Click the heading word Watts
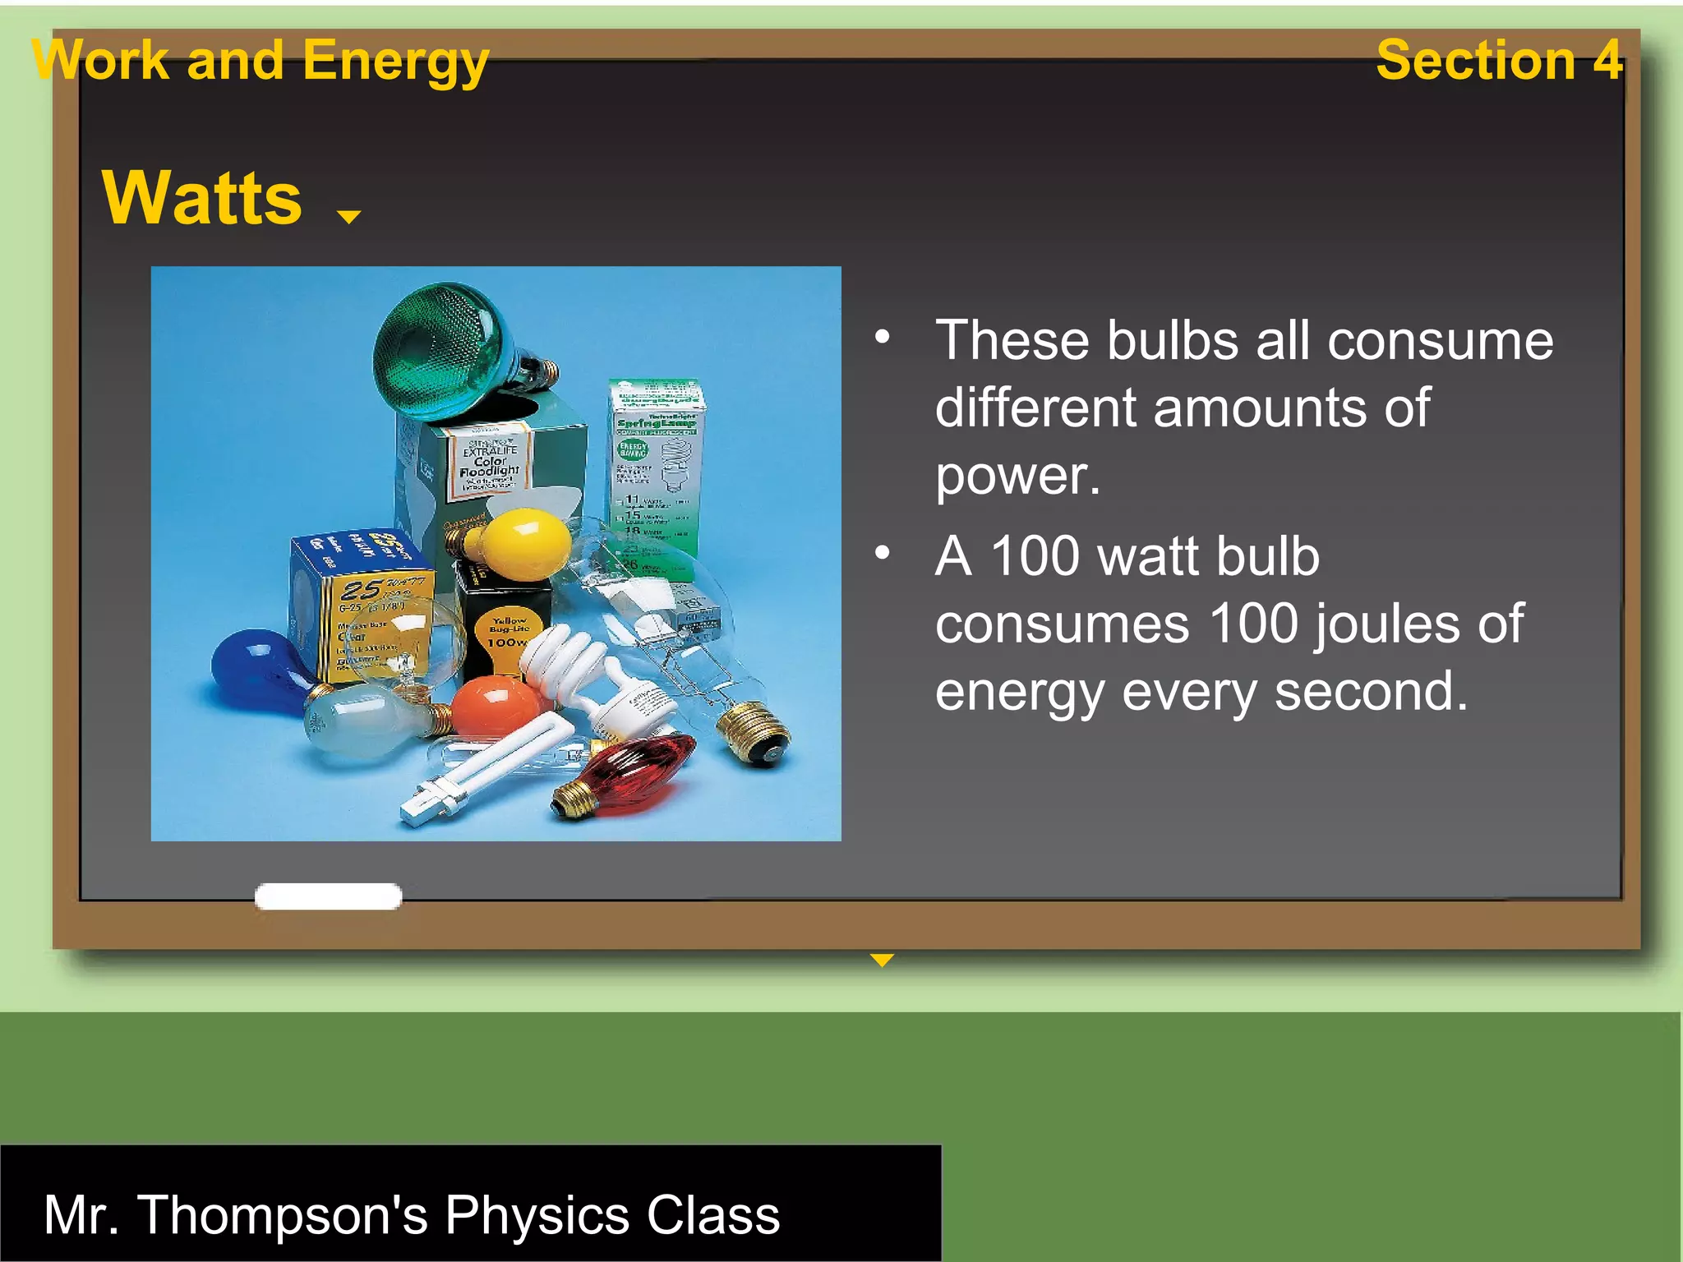coord(202,198)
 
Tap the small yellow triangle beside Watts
coord(349,217)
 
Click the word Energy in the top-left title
coord(395,62)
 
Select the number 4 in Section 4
coord(1607,60)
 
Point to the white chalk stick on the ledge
coord(328,896)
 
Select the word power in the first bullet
coord(1017,476)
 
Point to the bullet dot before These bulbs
coord(883,337)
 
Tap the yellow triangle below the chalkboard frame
coord(882,960)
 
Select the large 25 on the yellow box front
coord(362,590)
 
